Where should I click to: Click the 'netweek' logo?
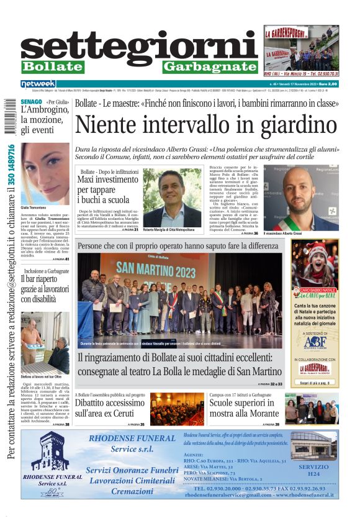coord(38,83)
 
